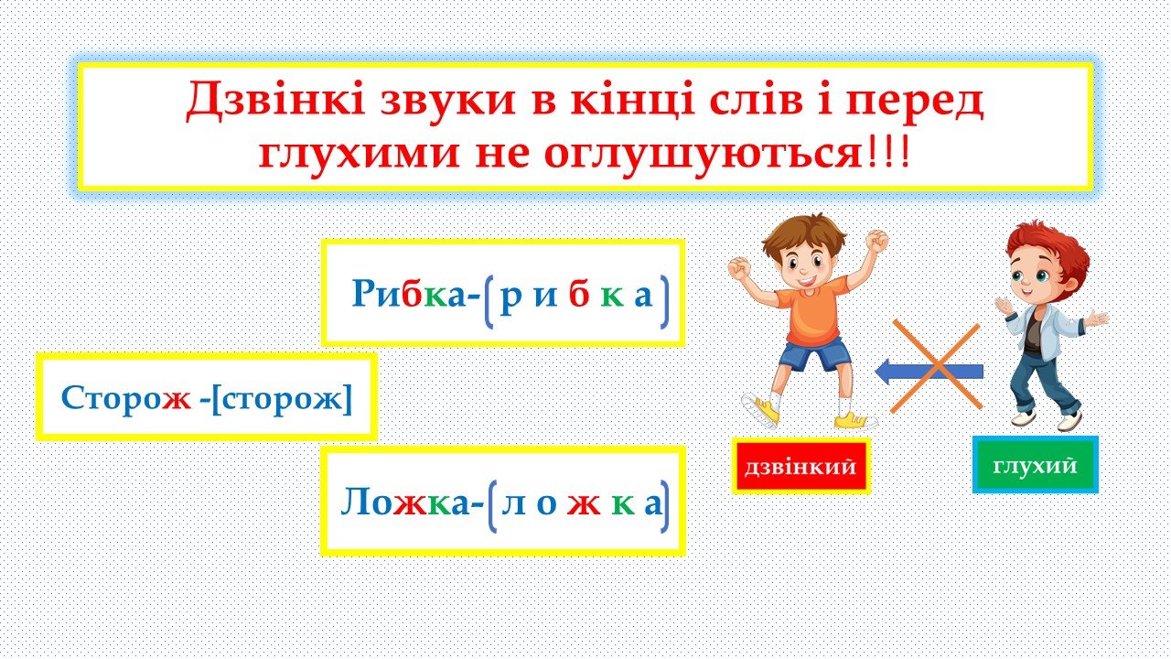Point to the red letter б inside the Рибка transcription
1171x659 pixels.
pos(579,294)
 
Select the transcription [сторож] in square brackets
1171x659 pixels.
pos(283,399)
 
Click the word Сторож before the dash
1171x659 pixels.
pos(126,398)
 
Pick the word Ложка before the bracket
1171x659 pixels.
pos(405,502)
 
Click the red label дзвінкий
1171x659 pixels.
pos(800,466)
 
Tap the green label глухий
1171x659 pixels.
pos(1035,465)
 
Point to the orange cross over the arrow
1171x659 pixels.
pos(936,367)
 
